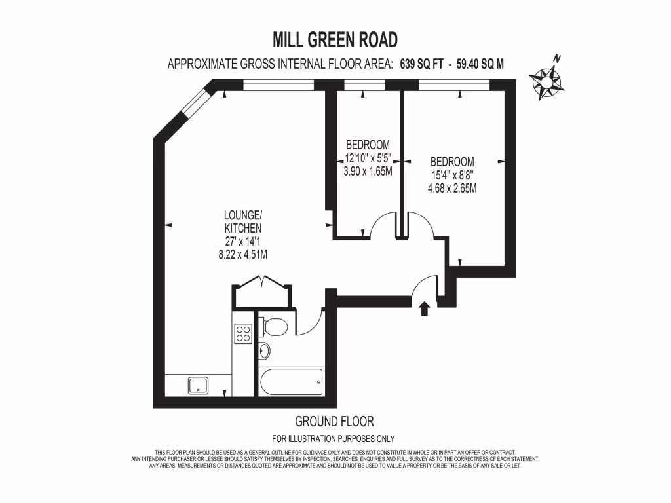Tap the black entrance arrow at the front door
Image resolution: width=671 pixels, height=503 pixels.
click(425, 308)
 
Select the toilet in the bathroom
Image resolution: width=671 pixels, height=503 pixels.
click(273, 326)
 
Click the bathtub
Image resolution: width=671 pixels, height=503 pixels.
click(291, 382)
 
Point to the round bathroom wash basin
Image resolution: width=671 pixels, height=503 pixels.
click(264, 352)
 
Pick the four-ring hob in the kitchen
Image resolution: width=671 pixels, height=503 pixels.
click(242, 333)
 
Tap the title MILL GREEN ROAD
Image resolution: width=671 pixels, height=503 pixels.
click(335, 41)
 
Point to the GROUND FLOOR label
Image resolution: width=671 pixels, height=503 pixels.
click(334, 421)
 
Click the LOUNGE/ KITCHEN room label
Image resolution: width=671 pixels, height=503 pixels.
click(243, 221)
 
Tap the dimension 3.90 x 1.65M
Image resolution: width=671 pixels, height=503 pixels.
click(368, 172)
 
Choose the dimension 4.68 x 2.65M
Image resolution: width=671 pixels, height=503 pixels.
click(452, 189)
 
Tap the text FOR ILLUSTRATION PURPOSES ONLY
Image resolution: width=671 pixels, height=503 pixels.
click(333, 439)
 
